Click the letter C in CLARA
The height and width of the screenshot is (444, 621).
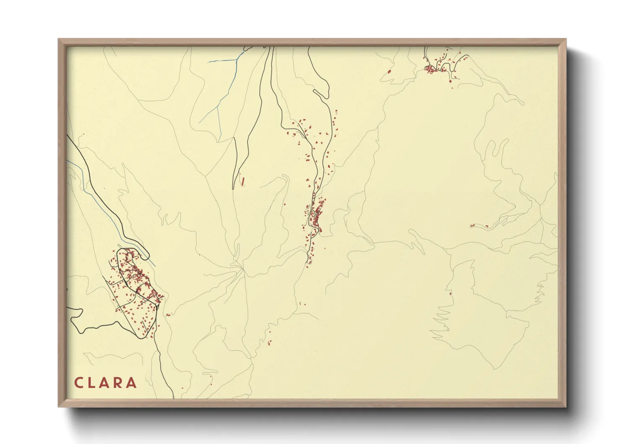tap(78, 383)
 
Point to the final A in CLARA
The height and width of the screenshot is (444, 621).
tap(132, 383)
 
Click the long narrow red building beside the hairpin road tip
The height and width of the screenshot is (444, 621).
tap(243, 181)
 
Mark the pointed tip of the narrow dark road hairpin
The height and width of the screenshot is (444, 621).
tap(234, 188)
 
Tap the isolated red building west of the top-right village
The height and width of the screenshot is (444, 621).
tap(389, 71)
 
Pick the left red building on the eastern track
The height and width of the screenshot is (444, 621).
tap(472, 226)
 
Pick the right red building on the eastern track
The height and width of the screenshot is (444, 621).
tap(487, 227)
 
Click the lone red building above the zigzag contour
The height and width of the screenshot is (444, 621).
tap(450, 294)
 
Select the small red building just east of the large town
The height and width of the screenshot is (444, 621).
tap(168, 314)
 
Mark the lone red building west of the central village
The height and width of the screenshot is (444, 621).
tap(284, 204)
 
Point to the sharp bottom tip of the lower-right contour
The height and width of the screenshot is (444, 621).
tap(496, 369)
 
